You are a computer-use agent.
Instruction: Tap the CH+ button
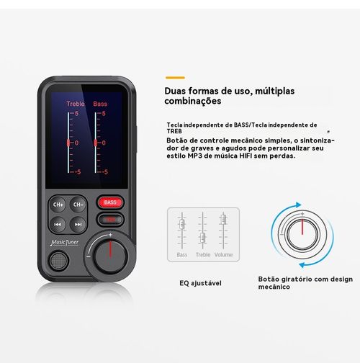58,205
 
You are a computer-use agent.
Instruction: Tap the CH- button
78,205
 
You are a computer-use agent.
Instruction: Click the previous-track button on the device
58,224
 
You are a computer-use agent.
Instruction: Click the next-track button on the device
78,224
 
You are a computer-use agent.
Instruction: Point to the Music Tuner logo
66,243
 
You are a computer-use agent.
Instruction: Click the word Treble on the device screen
76,104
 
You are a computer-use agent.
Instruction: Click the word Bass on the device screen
100,104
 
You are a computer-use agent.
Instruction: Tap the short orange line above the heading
175,77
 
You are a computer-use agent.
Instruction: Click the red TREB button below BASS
110,219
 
